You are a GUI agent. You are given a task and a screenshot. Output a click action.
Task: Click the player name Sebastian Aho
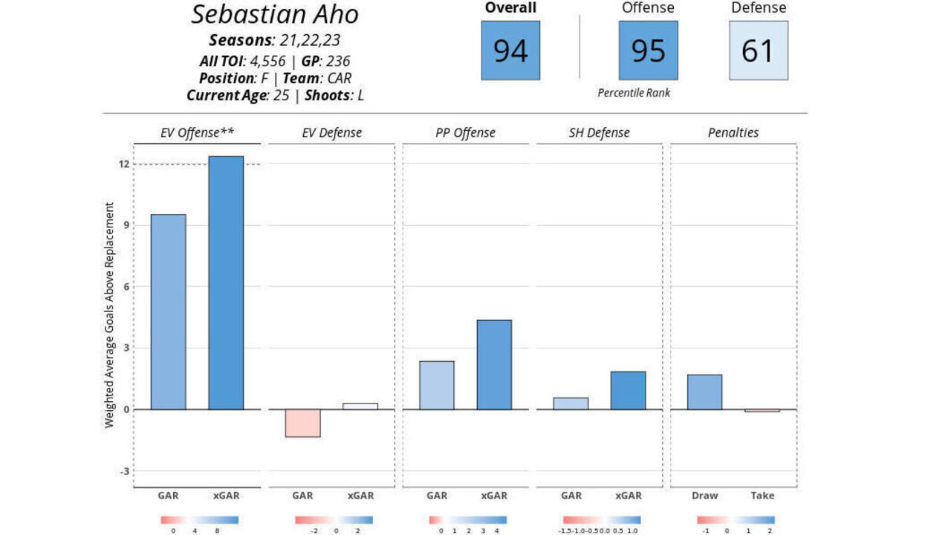tap(275, 14)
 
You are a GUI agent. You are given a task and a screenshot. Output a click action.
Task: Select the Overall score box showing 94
tap(510, 51)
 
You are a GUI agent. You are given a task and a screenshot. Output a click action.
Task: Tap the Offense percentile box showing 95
tap(648, 51)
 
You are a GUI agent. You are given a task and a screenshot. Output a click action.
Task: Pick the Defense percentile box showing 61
tap(758, 51)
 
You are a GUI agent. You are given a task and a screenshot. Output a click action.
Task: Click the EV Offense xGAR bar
tap(226, 282)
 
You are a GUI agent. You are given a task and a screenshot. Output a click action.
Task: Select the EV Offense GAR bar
tap(169, 311)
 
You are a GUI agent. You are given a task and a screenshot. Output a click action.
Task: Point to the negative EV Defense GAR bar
tap(302, 423)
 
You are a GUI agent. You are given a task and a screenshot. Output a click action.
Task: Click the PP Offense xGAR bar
tap(494, 364)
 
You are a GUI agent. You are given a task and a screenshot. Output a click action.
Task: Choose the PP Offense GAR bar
tap(437, 385)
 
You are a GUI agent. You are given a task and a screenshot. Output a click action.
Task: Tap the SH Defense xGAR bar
tap(628, 390)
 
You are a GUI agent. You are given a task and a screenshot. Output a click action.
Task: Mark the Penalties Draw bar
tap(704, 392)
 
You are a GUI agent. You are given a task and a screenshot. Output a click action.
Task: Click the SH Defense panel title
tap(599, 133)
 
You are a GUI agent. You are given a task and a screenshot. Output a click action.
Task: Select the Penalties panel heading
tap(733, 133)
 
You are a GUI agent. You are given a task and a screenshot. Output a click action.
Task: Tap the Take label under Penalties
tap(762, 496)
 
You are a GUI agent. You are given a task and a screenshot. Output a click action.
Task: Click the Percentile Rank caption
tap(634, 93)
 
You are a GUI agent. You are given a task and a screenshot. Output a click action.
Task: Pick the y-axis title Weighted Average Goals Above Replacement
tap(109, 314)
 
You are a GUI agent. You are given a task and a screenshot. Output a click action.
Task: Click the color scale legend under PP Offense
tap(467, 520)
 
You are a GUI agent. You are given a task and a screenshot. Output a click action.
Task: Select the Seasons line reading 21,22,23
tap(275, 40)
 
